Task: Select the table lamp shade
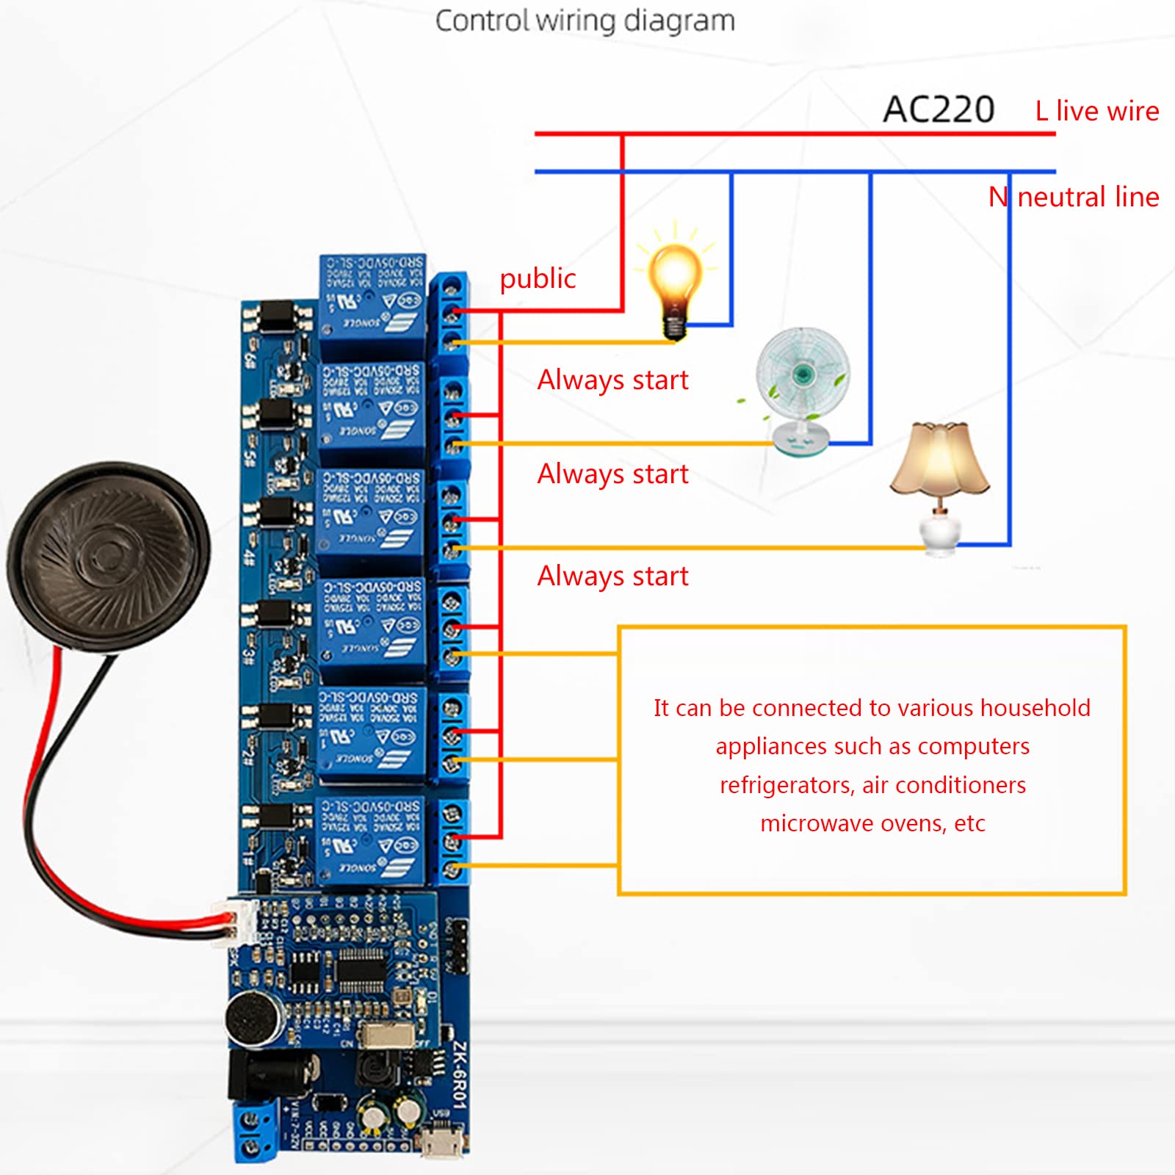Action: coord(939,459)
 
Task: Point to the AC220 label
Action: coord(938,110)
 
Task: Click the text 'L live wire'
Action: coord(1096,111)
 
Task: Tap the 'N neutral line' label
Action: coord(1073,197)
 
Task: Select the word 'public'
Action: coord(538,278)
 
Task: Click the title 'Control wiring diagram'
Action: coord(585,21)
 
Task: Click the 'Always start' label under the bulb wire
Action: coord(612,380)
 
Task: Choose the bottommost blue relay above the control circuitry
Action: coord(372,839)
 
